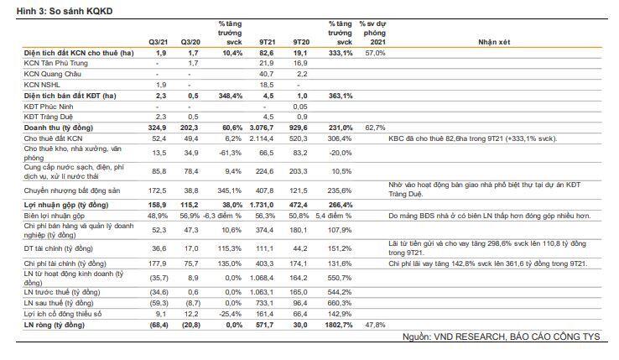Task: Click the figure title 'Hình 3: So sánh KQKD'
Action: (x=65, y=11)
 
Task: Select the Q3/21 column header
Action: (x=158, y=42)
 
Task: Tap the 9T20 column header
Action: (x=301, y=42)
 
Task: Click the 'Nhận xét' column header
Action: (x=494, y=42)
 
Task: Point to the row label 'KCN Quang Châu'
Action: (x=52, y=75)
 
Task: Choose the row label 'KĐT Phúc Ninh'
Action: (x=49, y=107)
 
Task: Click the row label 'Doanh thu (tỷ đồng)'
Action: (x=59, y=128)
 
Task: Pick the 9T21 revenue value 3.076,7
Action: (x=262, y=128)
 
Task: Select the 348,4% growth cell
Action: (x=231, y=96)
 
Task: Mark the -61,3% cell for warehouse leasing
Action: (x=231, y=153)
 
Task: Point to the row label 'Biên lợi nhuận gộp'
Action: (x=54, y=216)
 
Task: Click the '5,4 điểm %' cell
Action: (x=334, y=216)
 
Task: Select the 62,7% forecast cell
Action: (x=375, y=128)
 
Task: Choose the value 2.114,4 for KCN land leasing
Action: (x=262, y=138)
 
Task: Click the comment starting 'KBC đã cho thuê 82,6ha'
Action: (x=472, y=138)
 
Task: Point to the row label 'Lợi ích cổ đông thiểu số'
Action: (x=63, y=314)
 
